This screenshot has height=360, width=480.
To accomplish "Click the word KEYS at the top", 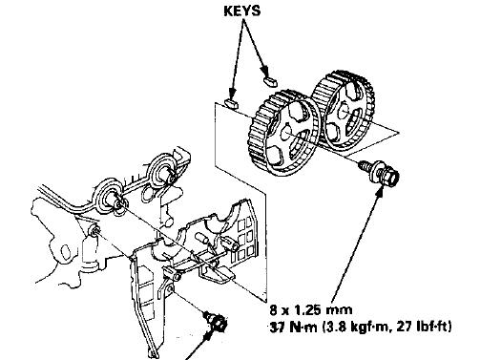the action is coord(241,11).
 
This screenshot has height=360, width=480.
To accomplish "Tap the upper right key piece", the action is coord(270,80).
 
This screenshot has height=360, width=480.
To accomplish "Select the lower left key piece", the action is coord(233,103).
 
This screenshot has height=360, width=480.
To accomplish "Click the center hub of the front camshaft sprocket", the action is coord(285,132).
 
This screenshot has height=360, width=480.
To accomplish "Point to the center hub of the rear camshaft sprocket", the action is coord(344,111).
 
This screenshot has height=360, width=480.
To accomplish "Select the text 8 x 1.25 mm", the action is coord(311,309).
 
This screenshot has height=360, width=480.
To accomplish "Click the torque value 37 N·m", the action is coord(293,327).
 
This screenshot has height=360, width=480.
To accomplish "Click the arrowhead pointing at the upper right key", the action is coord(264,70).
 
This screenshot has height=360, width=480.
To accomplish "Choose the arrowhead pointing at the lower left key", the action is coord(232,93).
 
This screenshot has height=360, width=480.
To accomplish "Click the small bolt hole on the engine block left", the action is coord(94,230).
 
